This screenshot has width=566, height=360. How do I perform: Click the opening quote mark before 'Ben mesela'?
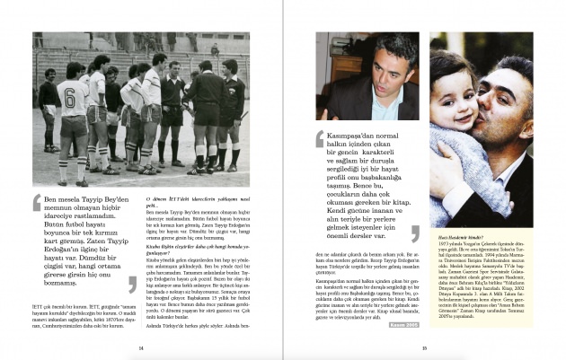[x=37, y=203]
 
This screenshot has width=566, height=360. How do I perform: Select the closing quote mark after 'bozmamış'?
[x=132, y=285]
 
